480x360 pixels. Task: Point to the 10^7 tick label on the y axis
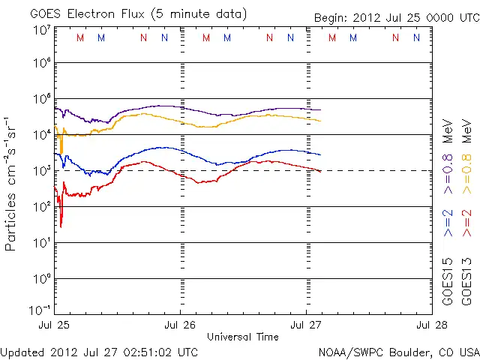click(41, 29)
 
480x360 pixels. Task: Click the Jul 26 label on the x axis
click(180, 325)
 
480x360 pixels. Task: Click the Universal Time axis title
click(242, 337)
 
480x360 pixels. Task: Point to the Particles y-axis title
click(12, 184)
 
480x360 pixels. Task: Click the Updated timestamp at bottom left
click(100, 352)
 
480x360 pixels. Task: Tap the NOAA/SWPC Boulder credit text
click(398, 352)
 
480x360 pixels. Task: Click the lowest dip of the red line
click(61, 226)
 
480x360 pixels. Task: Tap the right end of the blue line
click(320, 154)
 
